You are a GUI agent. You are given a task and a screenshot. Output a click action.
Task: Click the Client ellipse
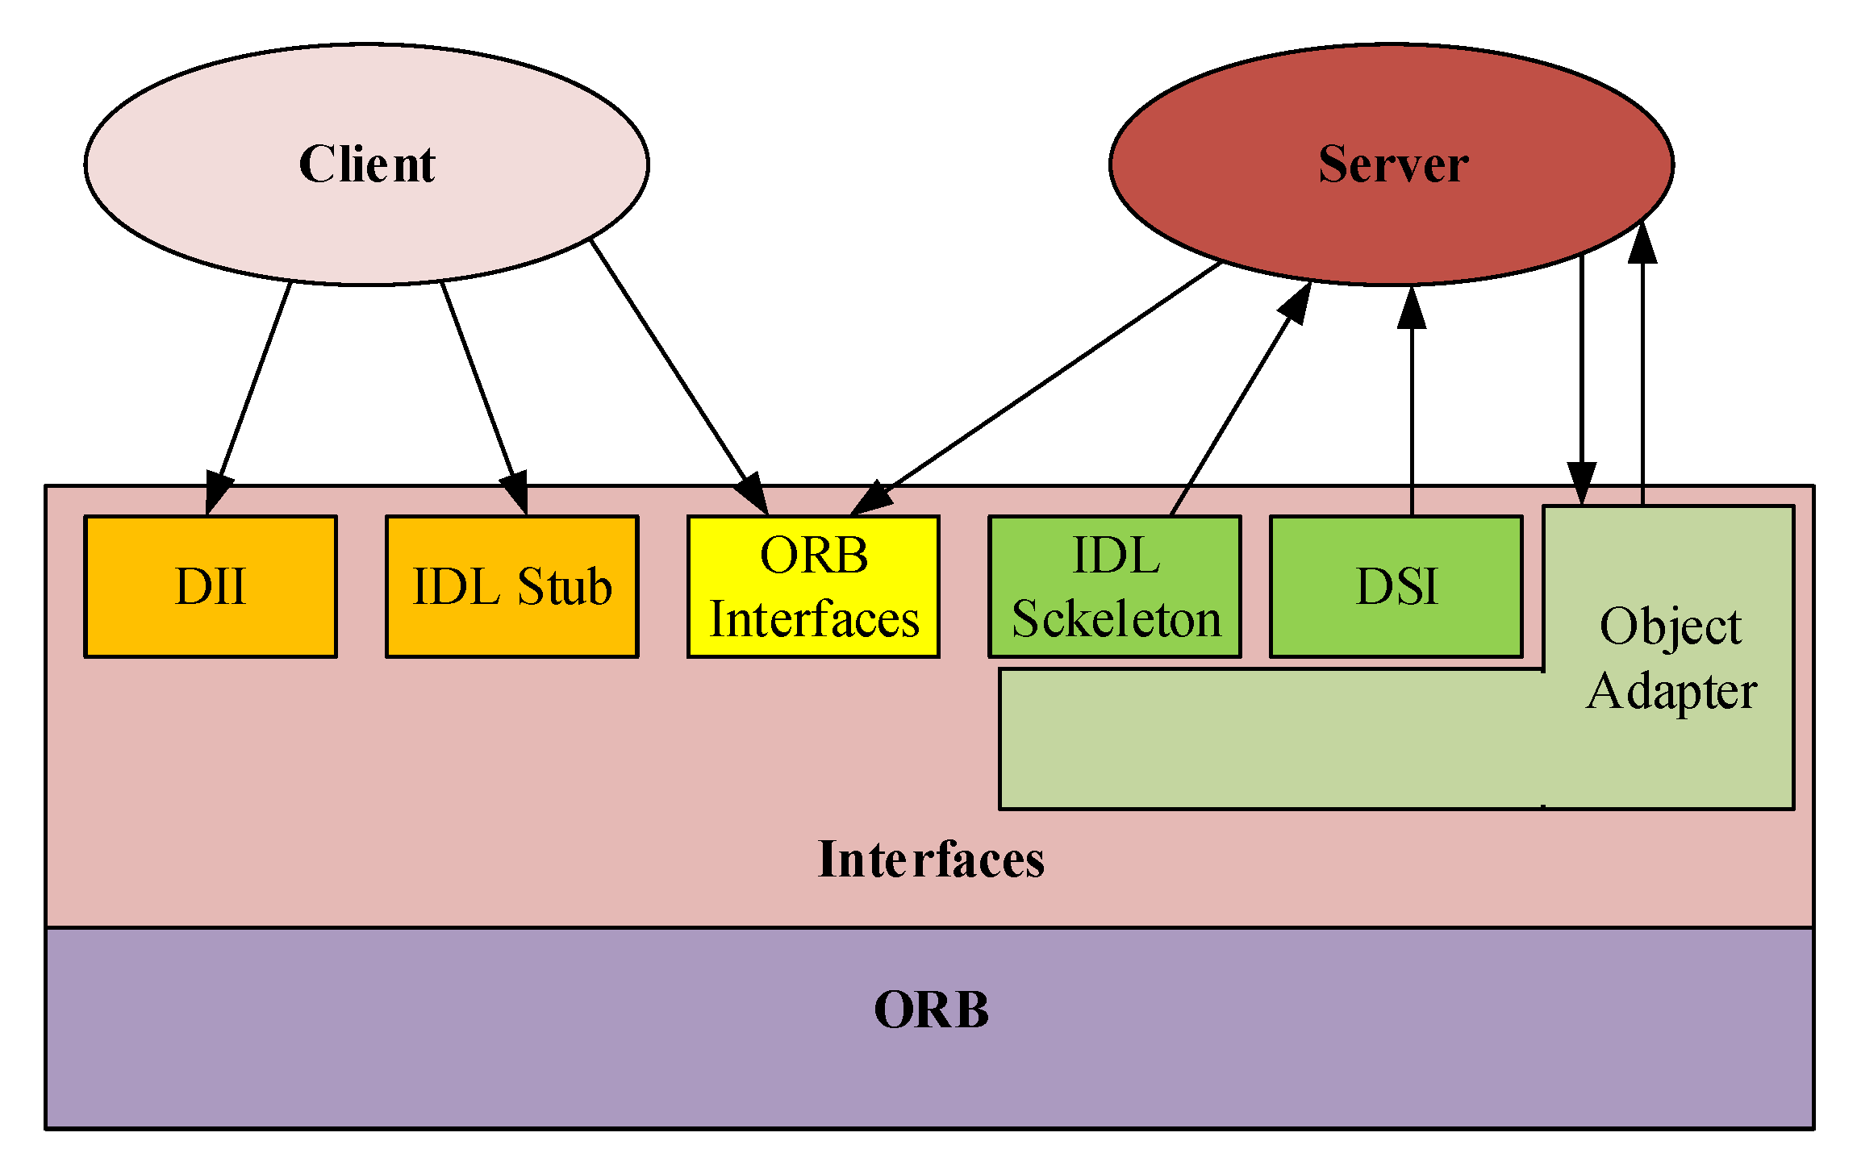tap(366, 164)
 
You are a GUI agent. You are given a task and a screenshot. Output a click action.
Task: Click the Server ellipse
tap(1392, 164)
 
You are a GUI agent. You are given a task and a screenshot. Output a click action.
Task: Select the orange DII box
tap(211, 586)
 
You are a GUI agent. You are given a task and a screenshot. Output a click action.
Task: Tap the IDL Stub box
tap(512, 586)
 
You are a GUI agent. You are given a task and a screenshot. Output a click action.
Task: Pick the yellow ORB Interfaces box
tap(813, 586)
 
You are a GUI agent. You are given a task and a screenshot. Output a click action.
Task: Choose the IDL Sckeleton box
tap(1115, 586)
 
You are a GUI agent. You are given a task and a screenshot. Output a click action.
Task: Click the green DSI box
tap(1396, 586)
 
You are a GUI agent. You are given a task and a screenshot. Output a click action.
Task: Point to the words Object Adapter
tap(1671, 659)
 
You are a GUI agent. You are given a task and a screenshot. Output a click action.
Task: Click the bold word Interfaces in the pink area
tap(931, 859)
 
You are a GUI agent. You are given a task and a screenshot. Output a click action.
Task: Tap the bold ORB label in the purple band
tap(931, 1010)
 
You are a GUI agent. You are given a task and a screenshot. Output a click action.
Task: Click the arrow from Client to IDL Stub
tap(484, 398)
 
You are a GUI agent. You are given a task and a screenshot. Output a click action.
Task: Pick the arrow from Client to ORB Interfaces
tap(679, 377)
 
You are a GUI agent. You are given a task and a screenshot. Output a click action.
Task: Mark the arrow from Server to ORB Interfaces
tap(1036, 389)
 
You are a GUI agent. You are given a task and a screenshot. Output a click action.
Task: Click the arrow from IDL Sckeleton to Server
tap(1241, 398)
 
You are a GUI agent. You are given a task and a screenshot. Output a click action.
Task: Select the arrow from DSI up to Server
tap(1412, 400)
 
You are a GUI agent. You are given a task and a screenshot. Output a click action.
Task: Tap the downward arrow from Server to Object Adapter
tap(1581, 379)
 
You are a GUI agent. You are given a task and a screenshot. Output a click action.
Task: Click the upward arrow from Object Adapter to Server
tap(1642, 362)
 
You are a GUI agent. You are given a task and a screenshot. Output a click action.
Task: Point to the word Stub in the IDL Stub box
tap(565, 586)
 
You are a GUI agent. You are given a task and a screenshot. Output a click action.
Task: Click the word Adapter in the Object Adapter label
tap(1671, 693)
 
